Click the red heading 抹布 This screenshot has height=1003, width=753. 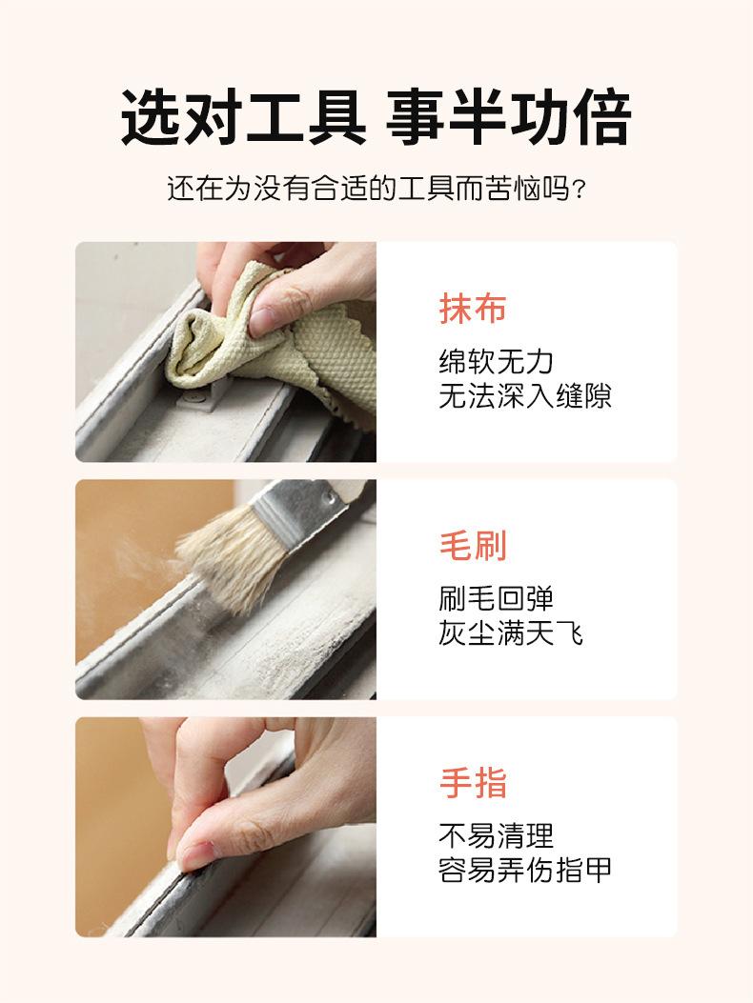(473, 309)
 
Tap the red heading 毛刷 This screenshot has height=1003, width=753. (473, 546)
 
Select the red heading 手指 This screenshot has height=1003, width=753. (473, 783)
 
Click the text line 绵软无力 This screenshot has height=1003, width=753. (497, 362)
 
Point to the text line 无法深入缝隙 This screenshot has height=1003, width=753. (525, 396)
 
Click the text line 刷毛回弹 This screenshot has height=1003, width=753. (497, 599)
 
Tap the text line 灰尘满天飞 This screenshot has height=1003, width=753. (511, 633)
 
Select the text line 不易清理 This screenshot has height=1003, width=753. (497, 836)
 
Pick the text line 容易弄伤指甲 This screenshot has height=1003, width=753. (525, 870)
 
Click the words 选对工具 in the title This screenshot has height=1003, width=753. (244, 118)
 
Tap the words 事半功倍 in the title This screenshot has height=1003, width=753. (509, 118)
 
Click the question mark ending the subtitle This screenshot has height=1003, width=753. (579, 190)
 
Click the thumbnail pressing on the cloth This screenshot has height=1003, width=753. (262, 321)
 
